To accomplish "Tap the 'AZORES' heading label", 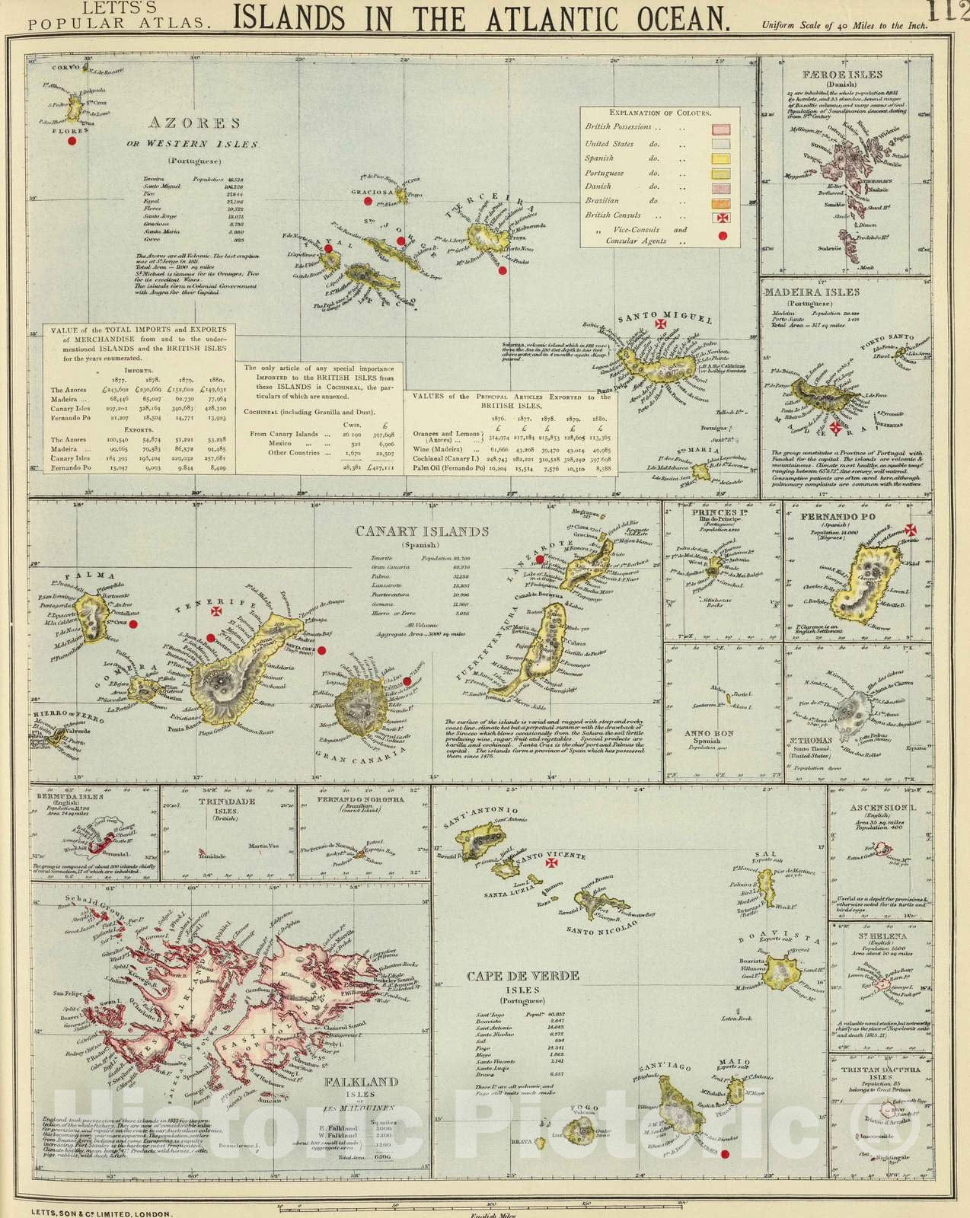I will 194,123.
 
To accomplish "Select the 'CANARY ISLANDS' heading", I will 422,531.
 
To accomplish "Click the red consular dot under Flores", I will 72,141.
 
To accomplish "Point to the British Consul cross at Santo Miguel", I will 660,326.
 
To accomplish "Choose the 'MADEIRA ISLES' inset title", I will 811,292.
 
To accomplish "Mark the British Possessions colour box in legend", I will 720,129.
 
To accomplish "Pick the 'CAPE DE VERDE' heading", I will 523,975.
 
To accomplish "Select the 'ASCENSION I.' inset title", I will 879,807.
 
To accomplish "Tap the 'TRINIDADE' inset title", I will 226,802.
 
